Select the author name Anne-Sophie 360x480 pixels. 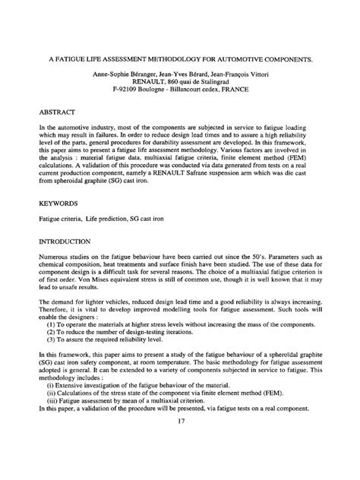coord(113,74)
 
